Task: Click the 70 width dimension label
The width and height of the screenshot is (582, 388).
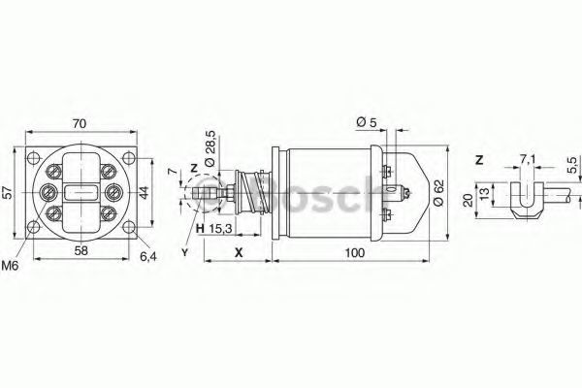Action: [x=80, y=123]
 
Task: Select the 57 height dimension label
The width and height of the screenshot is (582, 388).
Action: [x=8, y=192]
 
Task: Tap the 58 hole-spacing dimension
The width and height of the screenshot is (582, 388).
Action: [x=81, y=250]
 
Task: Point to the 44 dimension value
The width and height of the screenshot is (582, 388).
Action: [x=144, y=192]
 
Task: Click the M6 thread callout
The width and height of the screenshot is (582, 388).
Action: [x=10, y=266]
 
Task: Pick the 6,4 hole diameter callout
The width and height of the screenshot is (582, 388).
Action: [x=148, y=256]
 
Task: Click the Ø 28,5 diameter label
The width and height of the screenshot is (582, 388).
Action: [x=210, y=148]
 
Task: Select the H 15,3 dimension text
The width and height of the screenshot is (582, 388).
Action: [x=213, y=229]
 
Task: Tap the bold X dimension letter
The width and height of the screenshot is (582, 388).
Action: [x=239, y=252]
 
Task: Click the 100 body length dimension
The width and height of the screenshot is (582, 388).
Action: [x=355, y=253]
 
